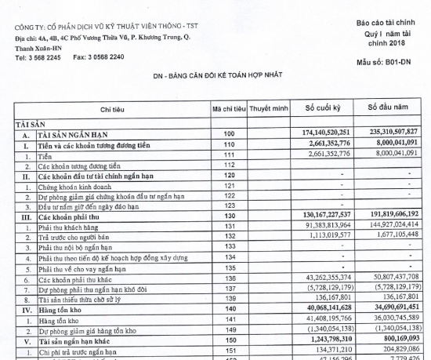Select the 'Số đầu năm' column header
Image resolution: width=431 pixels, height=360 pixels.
coord(393,107)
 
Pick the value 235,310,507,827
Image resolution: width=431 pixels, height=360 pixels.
coord(394,135)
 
